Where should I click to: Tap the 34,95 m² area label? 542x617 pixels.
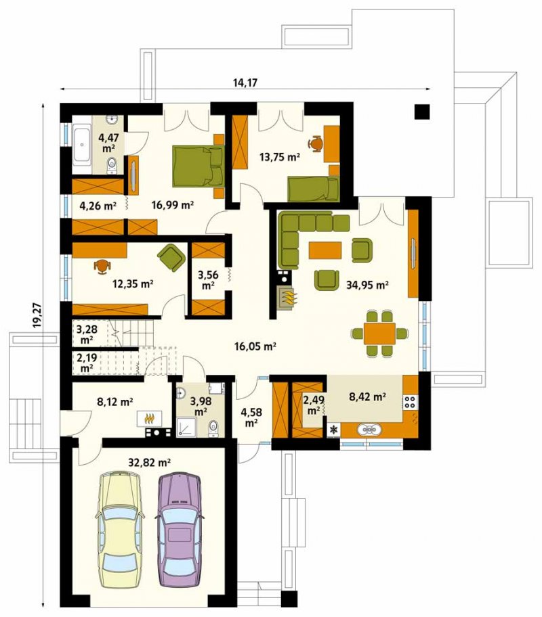pos(367,284)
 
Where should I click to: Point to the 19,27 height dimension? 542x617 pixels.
pos(37,315)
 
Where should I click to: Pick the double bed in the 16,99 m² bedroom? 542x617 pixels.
pos(199,165)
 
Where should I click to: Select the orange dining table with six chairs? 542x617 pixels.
pos(379,334)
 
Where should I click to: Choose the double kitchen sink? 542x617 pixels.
pos(369,430)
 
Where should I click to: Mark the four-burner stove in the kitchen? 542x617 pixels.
pos(410,401)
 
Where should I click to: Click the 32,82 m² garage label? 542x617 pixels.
pos(150,462)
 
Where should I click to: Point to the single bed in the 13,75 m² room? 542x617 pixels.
pos(314,189)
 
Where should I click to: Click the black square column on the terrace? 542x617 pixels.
pos(422,112)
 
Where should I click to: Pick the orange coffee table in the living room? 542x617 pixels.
pos(325,250)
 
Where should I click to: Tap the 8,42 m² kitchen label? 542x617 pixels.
pos(367,396)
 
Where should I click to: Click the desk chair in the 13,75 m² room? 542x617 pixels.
pos(315,143)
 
